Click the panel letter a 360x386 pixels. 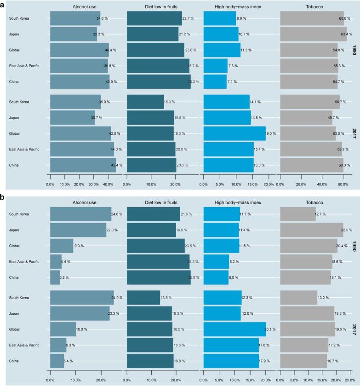tap(3, 4)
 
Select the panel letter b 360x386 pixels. tap(3, 196)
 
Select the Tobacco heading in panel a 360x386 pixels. tap(313, 7)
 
